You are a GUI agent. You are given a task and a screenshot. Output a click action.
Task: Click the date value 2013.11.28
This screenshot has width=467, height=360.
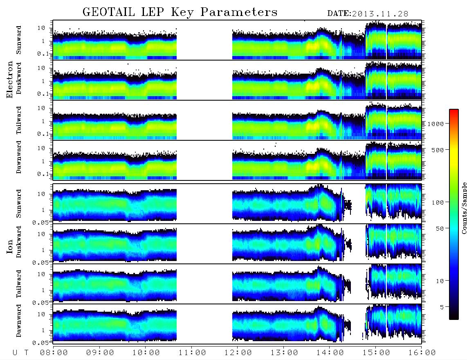pyautogui.click(x=380, y=14)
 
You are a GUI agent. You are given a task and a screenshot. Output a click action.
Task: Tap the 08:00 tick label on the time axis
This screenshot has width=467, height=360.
pyautogui.click(x=54, y=353)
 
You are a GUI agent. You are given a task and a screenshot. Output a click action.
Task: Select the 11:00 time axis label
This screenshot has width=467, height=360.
pyautogui.click(x=192, y=353)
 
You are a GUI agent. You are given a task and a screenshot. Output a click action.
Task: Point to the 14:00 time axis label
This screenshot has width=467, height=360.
pyautogui.click(x=330, y=353)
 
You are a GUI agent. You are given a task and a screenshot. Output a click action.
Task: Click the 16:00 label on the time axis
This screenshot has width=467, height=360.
pyautogui.click(x=422, y=353)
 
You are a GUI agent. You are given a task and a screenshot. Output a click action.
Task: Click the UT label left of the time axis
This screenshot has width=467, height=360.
pyautogui.click(x=20, y=353)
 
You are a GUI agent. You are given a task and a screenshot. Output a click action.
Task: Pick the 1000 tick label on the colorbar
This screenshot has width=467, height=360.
pyautogui.click(x=436, y=124)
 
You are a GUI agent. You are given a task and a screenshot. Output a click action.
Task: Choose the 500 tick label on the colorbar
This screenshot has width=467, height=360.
pyautogui.click(x=438, y=150)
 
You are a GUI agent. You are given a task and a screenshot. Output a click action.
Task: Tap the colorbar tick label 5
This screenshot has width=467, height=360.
pyautogui.click(x=442, y=307)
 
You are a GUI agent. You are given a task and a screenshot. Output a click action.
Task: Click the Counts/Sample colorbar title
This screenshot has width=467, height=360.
pyautogui.click(x=464, y=208)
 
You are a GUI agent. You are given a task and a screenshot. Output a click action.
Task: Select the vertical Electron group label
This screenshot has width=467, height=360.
pyautogui.click(x=9, y=79)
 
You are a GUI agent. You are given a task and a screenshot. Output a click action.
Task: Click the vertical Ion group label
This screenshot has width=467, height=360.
pyautogui.click(x=9, y=246)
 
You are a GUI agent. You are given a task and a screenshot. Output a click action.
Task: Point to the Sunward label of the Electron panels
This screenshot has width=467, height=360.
pyautogui.click(x=19, y=40)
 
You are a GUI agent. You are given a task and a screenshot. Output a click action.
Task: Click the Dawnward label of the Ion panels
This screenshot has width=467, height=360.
pyautogui.click(x=19, y=320)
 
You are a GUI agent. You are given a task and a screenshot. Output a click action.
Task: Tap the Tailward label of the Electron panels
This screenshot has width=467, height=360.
pyautogui.click(x=19, y=120)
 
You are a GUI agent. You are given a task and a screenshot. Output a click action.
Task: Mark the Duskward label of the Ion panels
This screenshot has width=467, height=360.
pyautogui.click(x=19, y=242)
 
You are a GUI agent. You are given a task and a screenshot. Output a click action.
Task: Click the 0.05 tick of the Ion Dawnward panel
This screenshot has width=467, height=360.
pyautogui.click(x=40, y=343)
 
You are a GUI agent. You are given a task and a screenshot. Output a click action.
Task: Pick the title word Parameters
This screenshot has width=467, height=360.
pyautogui.click(x=239, y=12)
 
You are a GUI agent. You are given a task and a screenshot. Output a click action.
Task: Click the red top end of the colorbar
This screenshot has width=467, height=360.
pyautogui.click(x=454, y=110)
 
